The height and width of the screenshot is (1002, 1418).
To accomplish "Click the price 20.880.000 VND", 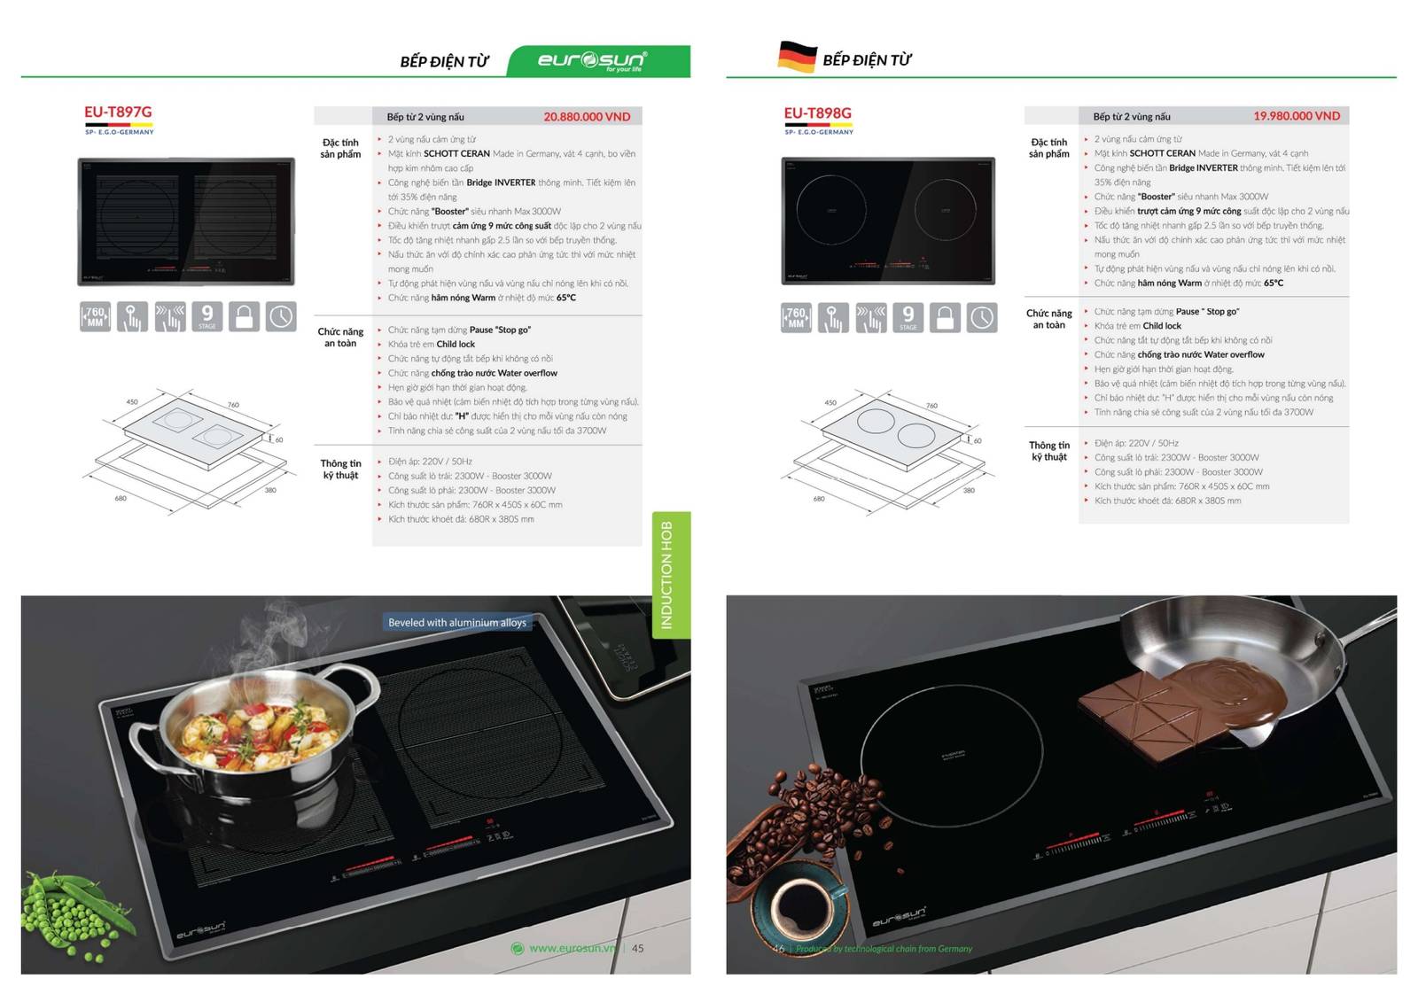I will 587,117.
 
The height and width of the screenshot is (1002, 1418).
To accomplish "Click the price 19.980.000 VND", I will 1296,116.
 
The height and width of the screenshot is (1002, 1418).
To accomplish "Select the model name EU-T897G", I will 118,112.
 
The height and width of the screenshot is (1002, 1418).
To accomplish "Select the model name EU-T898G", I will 817,113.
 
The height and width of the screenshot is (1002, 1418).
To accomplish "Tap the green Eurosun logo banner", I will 599,61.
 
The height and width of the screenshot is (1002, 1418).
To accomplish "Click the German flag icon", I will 797,57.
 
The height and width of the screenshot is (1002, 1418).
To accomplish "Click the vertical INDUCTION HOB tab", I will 669,575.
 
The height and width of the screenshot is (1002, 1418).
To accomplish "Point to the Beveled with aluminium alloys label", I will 456,623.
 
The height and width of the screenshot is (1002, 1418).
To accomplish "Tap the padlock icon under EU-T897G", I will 244,316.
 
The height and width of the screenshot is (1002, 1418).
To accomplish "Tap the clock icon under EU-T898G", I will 981,317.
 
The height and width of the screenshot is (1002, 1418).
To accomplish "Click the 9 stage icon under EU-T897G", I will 206,316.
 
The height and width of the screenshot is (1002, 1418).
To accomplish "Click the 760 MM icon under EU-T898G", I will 796,317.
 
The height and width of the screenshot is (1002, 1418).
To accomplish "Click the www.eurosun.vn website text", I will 572,948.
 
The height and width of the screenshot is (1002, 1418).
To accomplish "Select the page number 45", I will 637,948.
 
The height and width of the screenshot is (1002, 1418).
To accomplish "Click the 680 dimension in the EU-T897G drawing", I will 121,499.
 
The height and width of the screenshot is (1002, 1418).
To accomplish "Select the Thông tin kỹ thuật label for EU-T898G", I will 1048,451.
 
